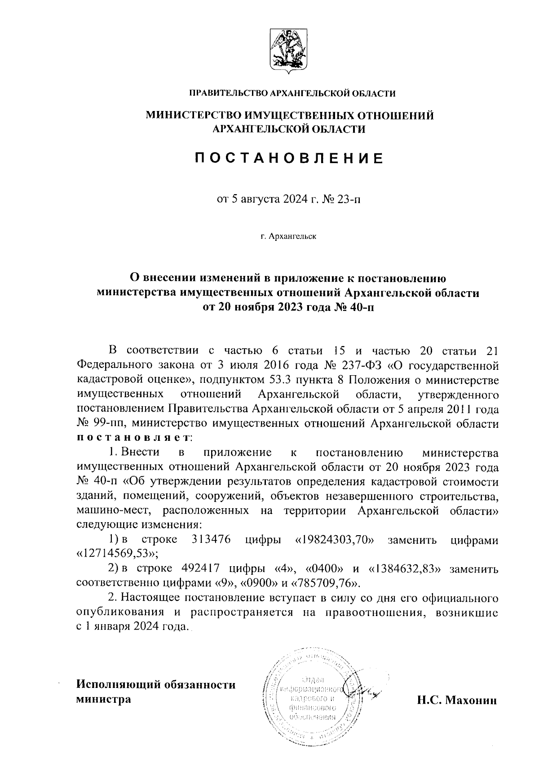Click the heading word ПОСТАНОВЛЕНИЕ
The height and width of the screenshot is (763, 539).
coord(289,158)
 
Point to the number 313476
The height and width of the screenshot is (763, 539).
coord(211,540)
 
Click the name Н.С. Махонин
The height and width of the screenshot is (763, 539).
coord(457,700)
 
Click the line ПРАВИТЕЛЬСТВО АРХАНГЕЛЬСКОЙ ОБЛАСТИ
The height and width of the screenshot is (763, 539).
coord(292,93)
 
